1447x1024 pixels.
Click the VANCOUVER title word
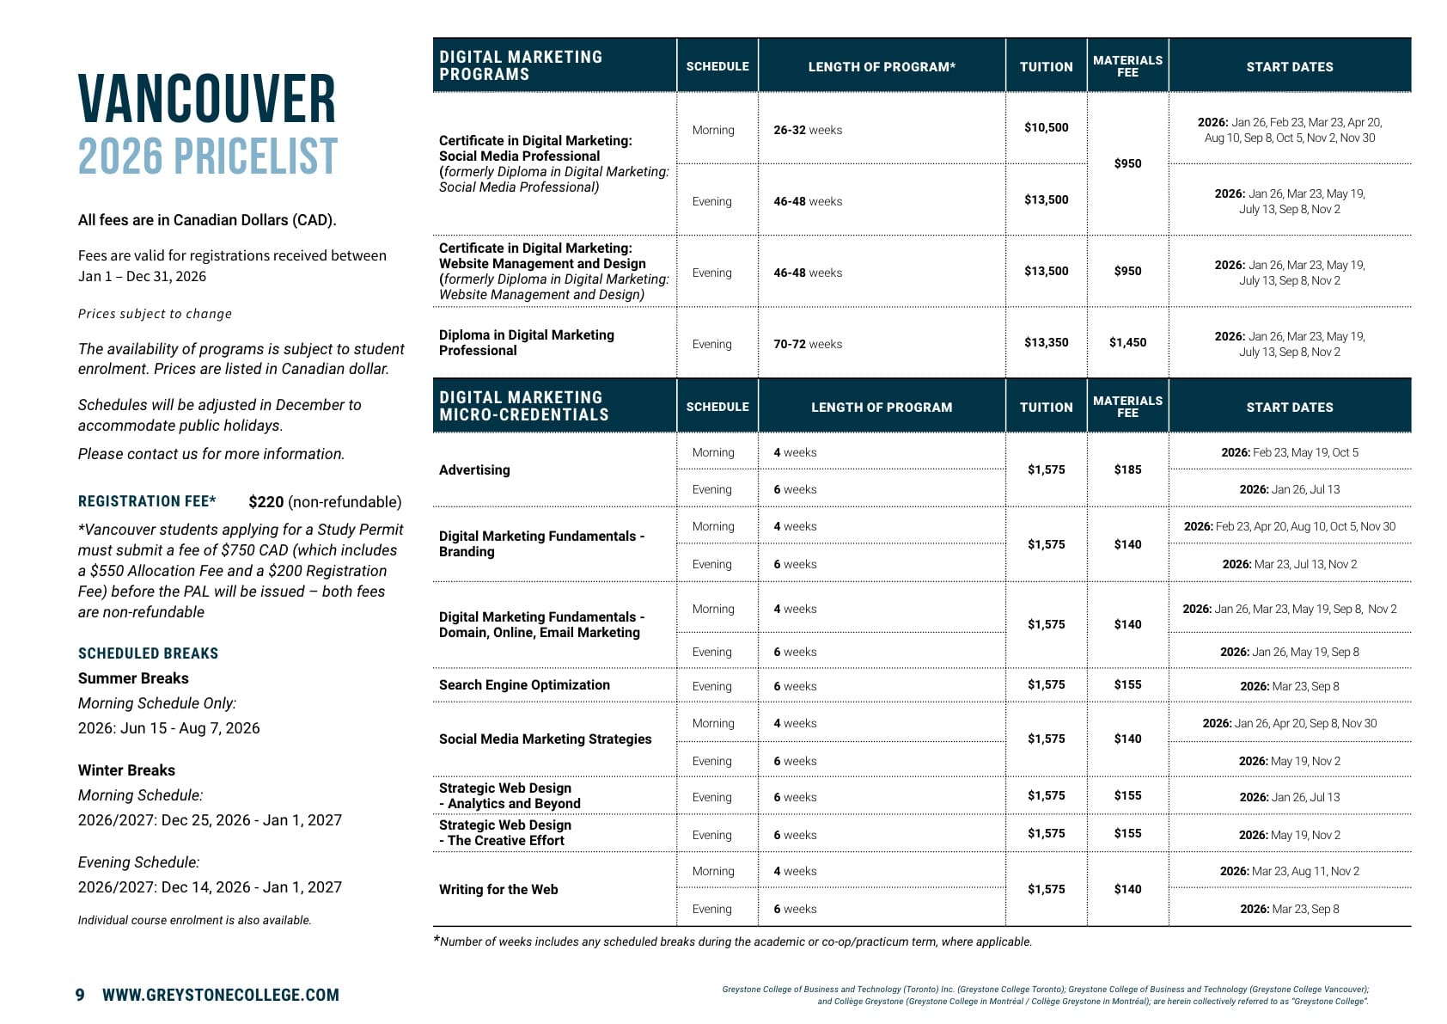(206, 100)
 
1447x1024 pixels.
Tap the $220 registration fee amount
(266, 502)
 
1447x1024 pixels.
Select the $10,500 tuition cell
(1046, 128)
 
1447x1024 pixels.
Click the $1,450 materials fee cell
(1127, 343)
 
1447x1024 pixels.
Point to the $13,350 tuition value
(1046, 343)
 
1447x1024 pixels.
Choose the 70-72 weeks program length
(807, 344)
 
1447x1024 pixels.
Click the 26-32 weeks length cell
(807, 130)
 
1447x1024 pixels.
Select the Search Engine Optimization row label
(524, 685)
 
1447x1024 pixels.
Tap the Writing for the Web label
(498, 890)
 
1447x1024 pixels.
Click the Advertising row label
(474, 470)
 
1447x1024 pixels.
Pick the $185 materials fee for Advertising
(1127, 470)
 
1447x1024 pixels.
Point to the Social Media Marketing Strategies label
(545, 739)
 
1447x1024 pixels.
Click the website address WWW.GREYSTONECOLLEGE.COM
(221, 996)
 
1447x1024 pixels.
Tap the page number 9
(80, 996)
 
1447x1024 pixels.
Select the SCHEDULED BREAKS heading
(148, 653)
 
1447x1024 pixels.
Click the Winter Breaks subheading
(126, 770)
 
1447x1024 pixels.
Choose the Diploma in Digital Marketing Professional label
(526, 343)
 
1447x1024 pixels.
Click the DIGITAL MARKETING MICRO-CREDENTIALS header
(523, 406)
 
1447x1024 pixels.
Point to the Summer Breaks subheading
(133, 678)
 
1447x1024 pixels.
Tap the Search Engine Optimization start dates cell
(1289, 686)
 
